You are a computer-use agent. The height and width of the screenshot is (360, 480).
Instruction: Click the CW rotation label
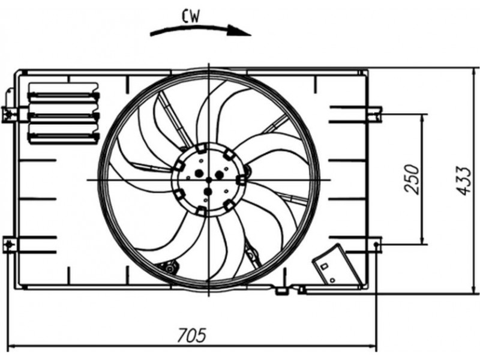190,16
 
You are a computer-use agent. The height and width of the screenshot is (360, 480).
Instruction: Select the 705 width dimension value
192,335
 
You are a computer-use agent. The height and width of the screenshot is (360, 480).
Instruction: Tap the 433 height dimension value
463,181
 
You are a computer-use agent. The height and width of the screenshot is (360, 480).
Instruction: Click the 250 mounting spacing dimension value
412,179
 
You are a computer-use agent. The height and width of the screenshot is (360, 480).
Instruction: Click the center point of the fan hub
209,180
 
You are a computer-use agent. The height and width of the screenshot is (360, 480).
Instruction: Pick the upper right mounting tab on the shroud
375,114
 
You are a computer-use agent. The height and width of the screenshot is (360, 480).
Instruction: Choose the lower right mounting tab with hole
374,245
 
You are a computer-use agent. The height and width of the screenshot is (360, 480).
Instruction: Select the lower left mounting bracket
10,245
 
